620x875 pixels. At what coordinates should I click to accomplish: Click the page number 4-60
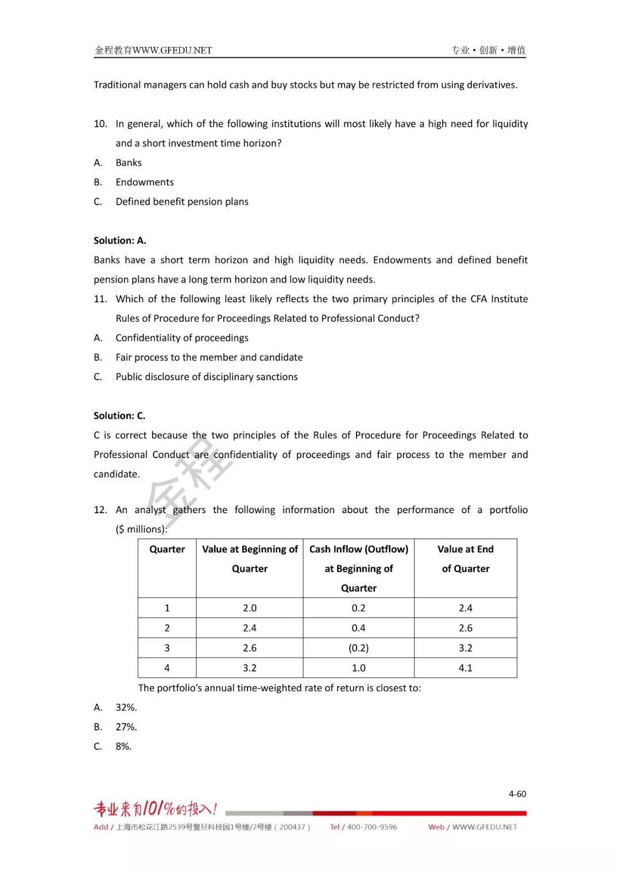[517, 794]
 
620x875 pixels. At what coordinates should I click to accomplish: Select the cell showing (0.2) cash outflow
[358, 648]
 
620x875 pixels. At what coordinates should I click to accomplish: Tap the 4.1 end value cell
[465, 668]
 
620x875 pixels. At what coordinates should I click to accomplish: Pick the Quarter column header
[167, 549]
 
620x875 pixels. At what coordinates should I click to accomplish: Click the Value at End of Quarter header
[465, 559]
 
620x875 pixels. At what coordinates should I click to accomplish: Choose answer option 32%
[126, 708]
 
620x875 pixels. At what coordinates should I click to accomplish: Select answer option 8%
[123, 747]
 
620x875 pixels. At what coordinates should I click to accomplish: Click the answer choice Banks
[129, 163]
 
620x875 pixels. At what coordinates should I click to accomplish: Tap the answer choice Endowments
[145, 182]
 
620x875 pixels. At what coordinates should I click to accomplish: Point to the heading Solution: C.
[119, 416]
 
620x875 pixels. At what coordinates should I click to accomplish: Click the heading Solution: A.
[120, 241]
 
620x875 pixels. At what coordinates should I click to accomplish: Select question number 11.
[100, 299]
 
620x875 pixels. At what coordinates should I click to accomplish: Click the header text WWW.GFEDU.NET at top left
[172, 50]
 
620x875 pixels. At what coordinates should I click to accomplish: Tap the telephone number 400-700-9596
[371, 827]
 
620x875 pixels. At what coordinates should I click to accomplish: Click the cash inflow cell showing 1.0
[358, 668]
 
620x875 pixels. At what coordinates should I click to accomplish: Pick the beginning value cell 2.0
[249, 608]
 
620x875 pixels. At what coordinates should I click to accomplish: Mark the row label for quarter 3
[167, 648]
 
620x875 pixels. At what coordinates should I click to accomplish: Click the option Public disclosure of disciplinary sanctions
[207, 377]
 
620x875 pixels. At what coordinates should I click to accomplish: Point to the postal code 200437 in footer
[292, 827]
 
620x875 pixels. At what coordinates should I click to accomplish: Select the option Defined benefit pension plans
[182, 202]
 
